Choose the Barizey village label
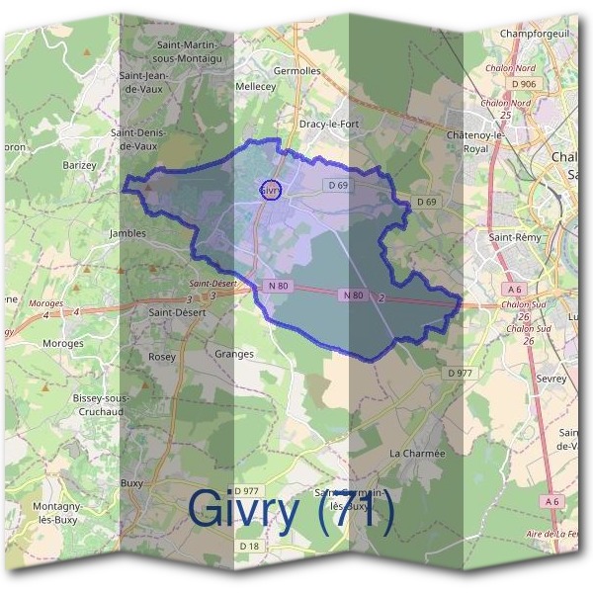tap(80, 165)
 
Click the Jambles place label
tap(127, 233)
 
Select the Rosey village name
tap(161, 356)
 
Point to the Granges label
tap(234, 353)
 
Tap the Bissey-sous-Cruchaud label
tap(100, 404)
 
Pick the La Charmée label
tap(417, 453)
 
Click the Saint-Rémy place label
tap(514, 238)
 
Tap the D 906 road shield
tap(523, 84)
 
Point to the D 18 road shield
tap(248, 546)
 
